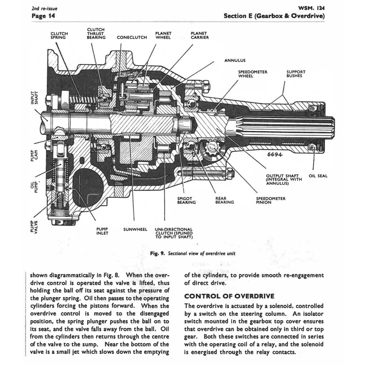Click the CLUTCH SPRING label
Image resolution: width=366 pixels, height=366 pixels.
(59, 35)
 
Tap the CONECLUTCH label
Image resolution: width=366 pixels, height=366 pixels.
(132, 37)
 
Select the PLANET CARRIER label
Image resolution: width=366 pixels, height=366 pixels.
(200, 35)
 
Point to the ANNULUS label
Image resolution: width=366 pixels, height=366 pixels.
(235, 60)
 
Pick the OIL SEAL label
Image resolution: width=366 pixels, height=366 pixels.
(318, 176)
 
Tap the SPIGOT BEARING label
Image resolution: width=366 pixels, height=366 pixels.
(186, 201)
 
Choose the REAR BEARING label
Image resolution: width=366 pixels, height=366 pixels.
(224, 201)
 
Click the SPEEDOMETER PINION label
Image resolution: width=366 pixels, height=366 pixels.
(271, 201)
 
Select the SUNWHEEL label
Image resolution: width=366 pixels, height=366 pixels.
(135, 229)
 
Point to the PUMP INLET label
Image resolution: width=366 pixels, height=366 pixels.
(102, 231)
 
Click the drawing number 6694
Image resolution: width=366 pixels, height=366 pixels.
(274, 155)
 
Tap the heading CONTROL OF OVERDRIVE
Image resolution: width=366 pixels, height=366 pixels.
(229, 296)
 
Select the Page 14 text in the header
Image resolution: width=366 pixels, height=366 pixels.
(43, 16)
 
